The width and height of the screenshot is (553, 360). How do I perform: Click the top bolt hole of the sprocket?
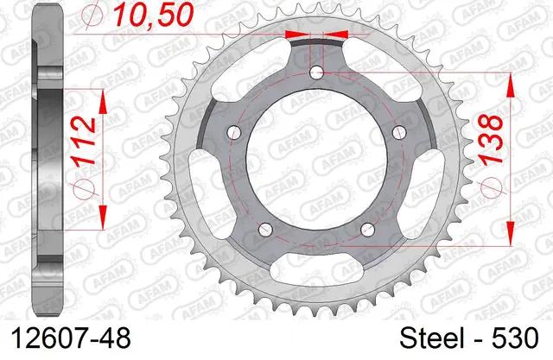[316, 73]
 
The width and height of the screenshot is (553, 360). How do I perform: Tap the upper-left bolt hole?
[233, 132]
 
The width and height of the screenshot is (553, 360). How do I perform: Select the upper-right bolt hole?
[399, 132]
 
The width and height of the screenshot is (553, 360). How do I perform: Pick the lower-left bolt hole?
[265, 230]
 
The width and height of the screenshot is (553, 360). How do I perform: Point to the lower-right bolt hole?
[367, 230]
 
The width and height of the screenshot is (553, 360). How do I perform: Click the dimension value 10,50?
[154, 16]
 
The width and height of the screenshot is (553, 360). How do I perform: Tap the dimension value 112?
[85, 141]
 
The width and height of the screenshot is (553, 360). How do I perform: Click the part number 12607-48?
[71, 338]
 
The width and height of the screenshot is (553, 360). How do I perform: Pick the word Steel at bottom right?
[432, 338]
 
